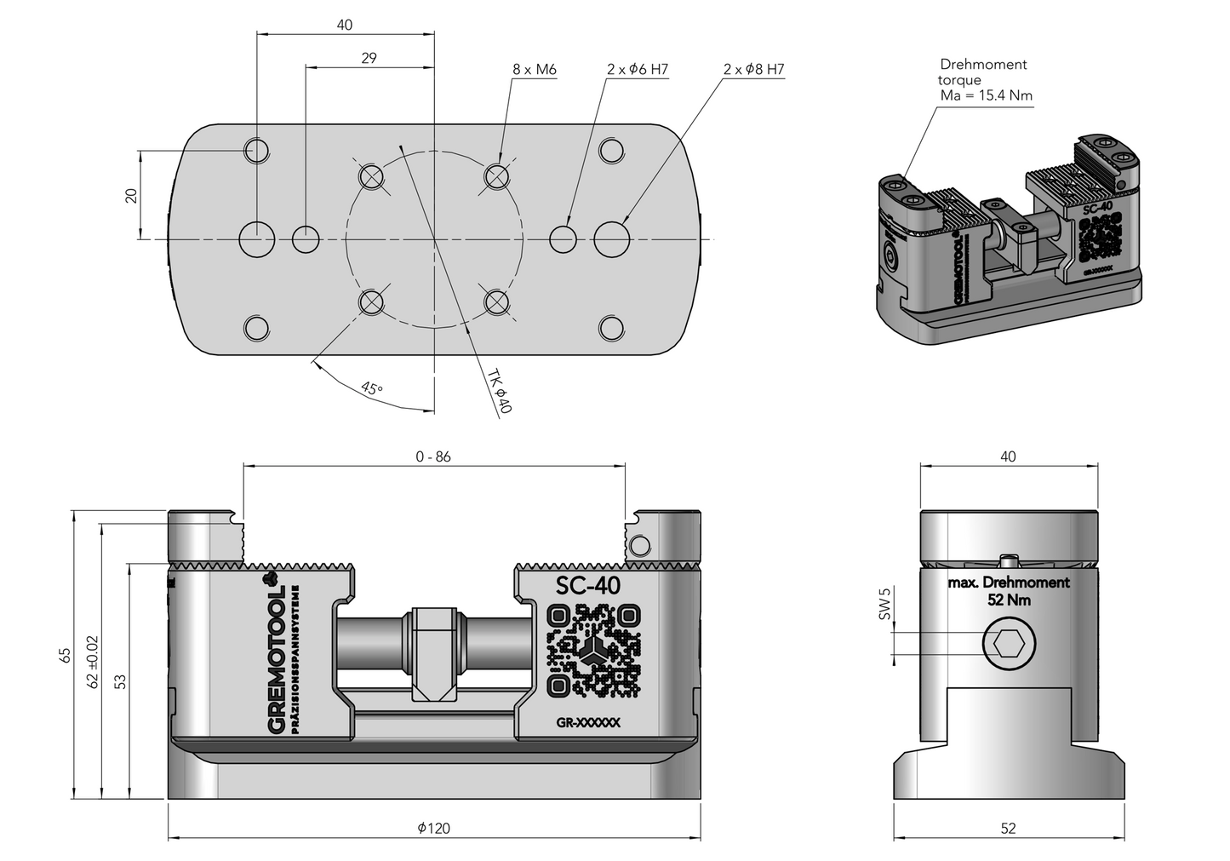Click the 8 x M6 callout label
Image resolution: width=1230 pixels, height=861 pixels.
point(534,70)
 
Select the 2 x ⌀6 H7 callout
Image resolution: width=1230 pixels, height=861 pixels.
point(638,70)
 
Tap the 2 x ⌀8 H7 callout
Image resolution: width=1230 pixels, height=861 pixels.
point(753,70)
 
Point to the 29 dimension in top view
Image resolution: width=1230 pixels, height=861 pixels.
point(369,58)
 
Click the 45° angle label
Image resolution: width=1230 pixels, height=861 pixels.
point(372,388)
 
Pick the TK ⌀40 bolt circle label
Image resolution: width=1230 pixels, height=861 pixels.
point(499,392)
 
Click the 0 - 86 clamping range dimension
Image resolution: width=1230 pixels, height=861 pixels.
point(433,456)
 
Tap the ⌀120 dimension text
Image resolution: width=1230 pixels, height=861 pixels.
point(434,828)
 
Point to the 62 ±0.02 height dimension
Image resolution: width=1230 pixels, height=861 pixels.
point(93,662)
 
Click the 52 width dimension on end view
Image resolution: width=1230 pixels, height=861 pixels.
point(1008,828)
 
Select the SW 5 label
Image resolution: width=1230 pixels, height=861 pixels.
point(884,603)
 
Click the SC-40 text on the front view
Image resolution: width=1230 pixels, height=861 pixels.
point(588,586)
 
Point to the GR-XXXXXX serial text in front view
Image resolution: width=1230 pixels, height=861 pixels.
point(588,723)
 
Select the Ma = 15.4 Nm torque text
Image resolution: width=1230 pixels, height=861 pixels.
point(986,95)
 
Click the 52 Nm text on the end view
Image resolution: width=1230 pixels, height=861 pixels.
point(1009,600)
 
